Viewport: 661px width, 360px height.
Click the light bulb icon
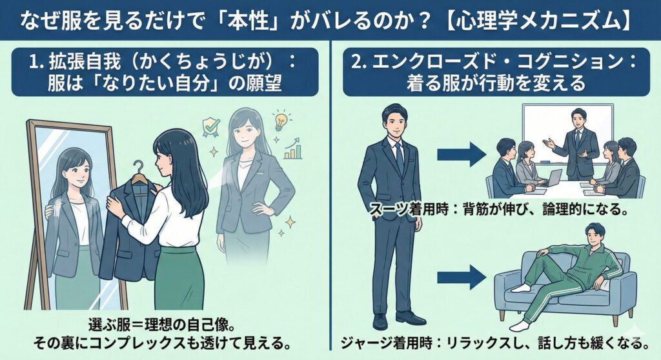pos(280,120)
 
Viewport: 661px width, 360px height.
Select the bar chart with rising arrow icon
pos(294,149)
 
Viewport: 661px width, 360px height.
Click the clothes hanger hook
pos(137,169)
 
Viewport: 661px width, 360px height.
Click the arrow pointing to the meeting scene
pos(461,154)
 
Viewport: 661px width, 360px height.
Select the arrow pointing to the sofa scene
pos(461,277)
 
